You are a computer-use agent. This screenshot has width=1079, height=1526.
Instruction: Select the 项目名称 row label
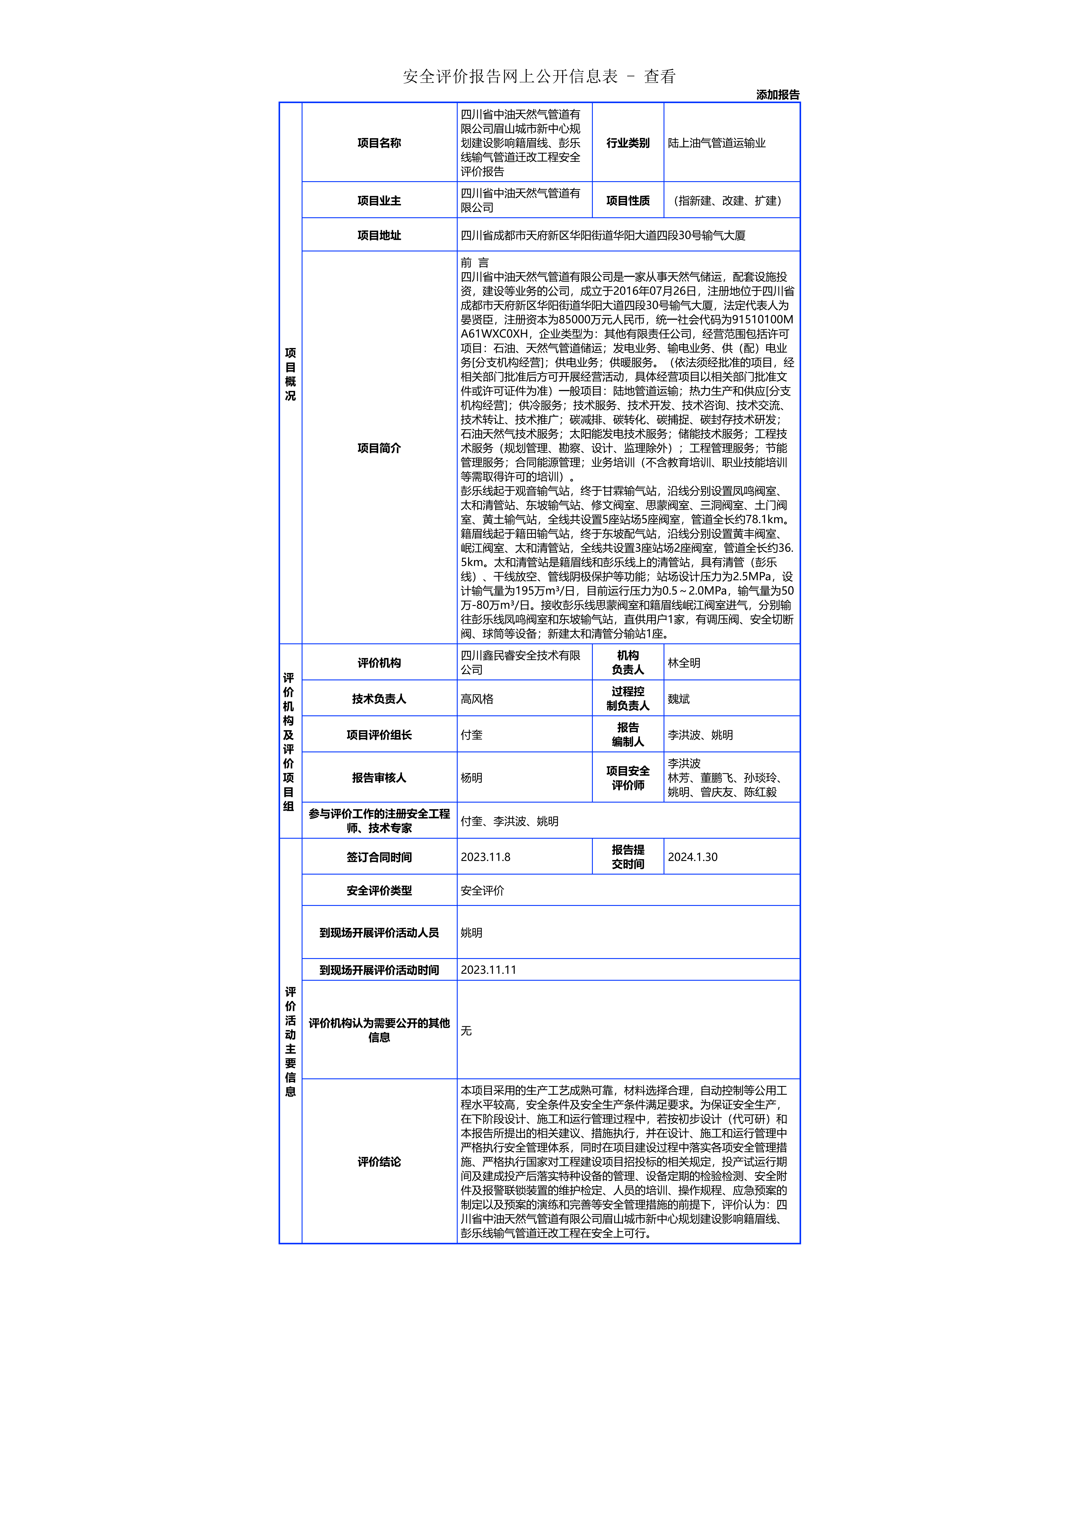pos(379,143)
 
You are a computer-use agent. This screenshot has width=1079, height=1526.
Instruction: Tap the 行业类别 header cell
pos(628,143)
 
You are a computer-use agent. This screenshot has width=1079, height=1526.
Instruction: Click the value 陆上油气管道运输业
pos(717,143)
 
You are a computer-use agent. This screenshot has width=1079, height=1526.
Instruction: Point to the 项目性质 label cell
pos(628,201)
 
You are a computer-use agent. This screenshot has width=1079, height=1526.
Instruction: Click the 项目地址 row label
pos(379,235)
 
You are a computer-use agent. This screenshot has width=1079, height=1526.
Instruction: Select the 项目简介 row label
pos(379,448)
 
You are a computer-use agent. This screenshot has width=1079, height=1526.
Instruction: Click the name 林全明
pos(683,663)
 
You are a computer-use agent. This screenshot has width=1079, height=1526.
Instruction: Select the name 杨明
pos(471,778)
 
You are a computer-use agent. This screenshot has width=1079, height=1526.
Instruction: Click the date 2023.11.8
pos(485,857)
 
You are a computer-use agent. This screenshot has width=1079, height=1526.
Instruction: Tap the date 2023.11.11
pos(488,970)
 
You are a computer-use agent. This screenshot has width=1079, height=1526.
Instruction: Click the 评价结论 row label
pos(379,1162)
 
